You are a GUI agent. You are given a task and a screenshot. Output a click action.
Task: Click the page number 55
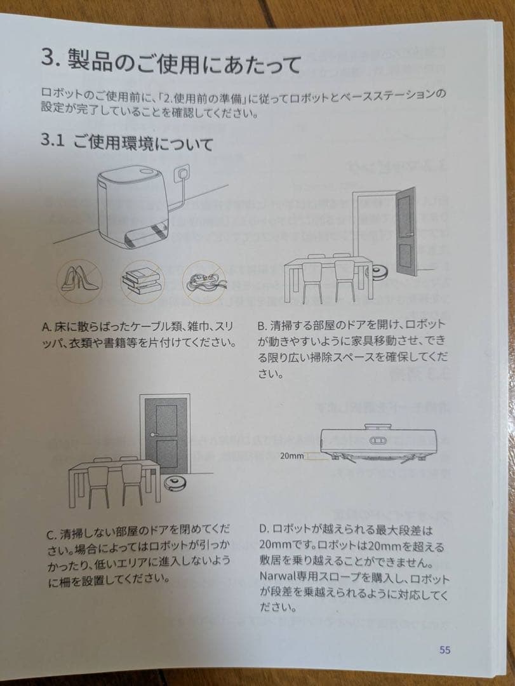445,650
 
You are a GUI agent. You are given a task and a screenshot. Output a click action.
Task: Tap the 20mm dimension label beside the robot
291,455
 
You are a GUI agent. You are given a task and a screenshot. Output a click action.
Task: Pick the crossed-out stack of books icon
142,282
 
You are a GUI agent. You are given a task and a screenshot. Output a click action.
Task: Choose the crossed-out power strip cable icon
204,282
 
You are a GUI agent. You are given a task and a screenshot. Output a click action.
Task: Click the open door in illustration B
406,232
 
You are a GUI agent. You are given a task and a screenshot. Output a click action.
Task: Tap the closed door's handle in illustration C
155,434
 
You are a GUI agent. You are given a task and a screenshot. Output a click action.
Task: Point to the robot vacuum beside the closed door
175,483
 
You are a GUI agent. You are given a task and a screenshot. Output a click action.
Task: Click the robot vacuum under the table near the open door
379,272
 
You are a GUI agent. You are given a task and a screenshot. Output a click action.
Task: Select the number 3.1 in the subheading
53,140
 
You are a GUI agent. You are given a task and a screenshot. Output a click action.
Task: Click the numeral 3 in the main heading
49,57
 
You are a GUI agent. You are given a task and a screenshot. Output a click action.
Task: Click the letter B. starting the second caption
262,326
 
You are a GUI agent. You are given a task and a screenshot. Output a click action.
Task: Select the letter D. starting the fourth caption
264,529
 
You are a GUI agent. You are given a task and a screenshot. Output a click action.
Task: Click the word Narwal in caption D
274,575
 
